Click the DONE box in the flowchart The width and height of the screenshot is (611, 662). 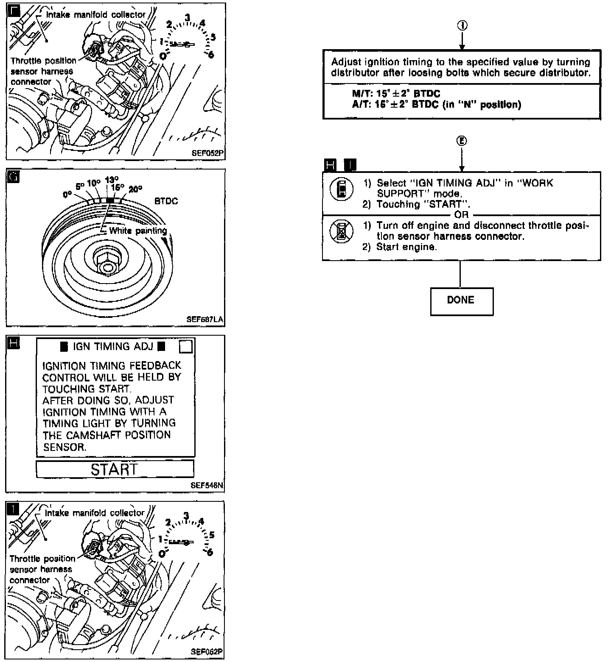[x=461, y=301]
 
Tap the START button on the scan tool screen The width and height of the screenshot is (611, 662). [x=115, y=469]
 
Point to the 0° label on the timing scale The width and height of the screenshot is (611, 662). [x=67, y=195]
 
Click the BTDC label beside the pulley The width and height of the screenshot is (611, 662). [x=166, y=201]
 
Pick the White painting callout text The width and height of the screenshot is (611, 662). [x=138, y=231]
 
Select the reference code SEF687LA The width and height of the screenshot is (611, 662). [x=205, y=320]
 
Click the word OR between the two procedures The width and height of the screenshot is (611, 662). [x=461, y=215]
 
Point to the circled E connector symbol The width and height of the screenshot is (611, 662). [x=462, y=141]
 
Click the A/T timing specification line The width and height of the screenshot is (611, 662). [x=436, y=104]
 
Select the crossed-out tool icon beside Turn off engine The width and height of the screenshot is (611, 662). [x=341, y=231]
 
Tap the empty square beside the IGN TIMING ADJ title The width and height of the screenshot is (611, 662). [x=186, y=347]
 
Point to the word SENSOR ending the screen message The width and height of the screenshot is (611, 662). [x=64, y=447]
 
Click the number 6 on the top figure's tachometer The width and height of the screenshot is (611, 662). [x=210, y=54]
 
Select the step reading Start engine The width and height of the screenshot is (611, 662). [x=406, y=247]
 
